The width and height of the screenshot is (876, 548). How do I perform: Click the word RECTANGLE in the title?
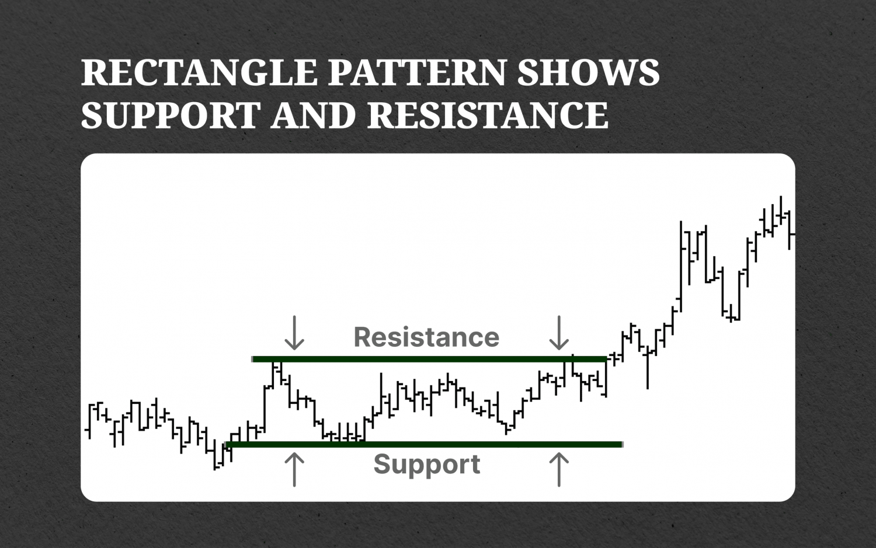coord(199,73)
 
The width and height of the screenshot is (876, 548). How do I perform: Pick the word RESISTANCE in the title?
coord(488,114)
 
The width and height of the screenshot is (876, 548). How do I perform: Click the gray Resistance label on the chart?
coord(426,337)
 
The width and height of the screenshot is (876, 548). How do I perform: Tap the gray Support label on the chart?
coord(426,465)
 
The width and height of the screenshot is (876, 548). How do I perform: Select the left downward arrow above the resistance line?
coord(294,333)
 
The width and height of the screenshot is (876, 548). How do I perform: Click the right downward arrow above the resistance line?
coord(559,333)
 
